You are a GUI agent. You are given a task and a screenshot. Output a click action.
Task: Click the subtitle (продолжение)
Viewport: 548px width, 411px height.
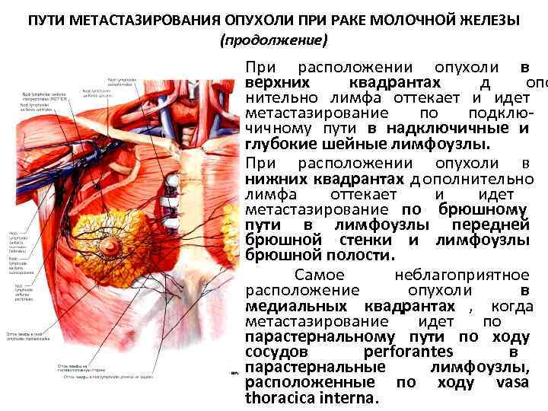point(273,39)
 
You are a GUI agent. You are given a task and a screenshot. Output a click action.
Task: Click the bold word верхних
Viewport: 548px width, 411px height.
point(276,82)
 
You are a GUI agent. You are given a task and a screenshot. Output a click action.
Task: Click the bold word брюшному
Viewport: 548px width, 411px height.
point(483,210)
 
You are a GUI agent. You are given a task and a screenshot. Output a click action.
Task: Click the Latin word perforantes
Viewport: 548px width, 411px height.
point(408,352)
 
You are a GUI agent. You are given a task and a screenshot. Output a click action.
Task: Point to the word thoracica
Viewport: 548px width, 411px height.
point(283,398)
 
